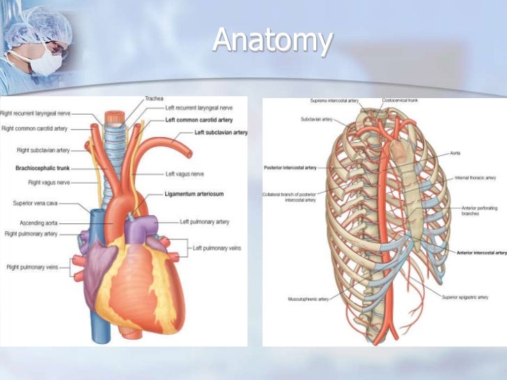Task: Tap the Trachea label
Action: [x=155, y=99]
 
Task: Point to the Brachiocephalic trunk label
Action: [x=42, y=168]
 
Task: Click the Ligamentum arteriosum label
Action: [x=194, y=193]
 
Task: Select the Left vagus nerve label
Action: [x=185, y=173]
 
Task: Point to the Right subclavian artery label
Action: [x=42, y=150]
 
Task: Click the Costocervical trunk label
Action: [x=400, y=100]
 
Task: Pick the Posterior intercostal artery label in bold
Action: [x=290, y=168]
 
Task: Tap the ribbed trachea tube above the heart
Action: [x=127, y=150]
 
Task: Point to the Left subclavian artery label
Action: [x=221, y=132]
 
